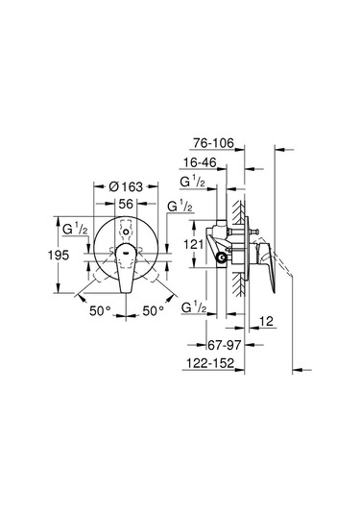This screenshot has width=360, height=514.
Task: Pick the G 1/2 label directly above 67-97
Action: (x=194, y=306)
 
